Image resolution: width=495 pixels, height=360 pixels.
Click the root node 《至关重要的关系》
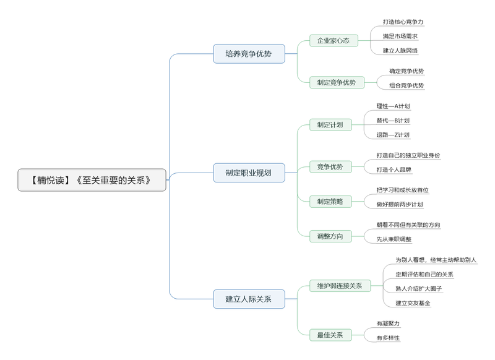(92, 180)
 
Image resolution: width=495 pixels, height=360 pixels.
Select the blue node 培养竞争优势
(248, 54)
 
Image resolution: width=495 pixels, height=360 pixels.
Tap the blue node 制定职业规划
(248, 173)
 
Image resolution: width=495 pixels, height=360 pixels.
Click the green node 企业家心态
(334, 41)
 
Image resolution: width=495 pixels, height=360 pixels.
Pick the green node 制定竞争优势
(337, 82)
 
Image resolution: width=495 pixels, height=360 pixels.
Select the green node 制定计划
(330, 125)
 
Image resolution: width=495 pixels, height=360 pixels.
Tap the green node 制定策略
(330, 201)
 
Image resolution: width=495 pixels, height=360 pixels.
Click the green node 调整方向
(330, 236)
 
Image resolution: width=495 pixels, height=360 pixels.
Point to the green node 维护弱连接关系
(340, 286)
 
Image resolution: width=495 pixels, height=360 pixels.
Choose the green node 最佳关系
(330, 335)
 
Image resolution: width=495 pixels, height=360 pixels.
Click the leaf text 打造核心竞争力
(403, 22)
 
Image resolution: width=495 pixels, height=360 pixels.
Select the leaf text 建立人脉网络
(400, 51)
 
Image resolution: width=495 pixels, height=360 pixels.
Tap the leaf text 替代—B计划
(393, 121)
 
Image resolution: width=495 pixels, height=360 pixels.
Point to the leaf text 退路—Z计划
(393, 135)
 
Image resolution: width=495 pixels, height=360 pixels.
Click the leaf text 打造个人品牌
(394, 169)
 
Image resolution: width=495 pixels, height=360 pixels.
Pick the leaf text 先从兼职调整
(394, 239)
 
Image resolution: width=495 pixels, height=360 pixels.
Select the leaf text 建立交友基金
(413, 303)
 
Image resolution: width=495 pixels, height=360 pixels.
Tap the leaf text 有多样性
(389, 338)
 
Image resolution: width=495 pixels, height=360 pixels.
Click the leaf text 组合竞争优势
(407, 85)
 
